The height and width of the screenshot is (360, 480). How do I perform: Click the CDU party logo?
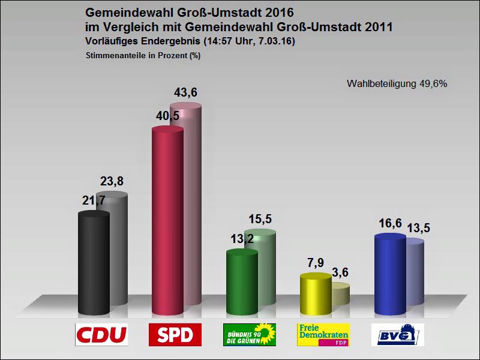click(101, 335)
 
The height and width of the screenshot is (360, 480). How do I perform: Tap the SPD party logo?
click(175, 335)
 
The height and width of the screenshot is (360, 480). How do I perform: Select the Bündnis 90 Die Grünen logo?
click(249, 335)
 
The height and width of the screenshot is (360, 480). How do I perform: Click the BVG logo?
click(397, 335)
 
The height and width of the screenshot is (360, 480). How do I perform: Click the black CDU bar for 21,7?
click(94, 264)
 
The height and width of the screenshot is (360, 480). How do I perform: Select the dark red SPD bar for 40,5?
click(167, 222)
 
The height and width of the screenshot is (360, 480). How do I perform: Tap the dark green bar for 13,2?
click(242, 282)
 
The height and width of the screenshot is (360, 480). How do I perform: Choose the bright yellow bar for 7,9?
click(315, 294)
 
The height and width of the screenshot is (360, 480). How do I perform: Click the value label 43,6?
click(185, 93)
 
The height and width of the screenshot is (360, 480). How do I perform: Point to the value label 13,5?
click(418, 228)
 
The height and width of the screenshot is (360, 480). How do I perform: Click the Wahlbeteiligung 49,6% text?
click(397, 84)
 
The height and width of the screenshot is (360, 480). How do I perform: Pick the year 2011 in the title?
click(378, 27)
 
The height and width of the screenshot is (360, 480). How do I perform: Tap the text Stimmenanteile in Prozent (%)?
click(143, 55)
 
